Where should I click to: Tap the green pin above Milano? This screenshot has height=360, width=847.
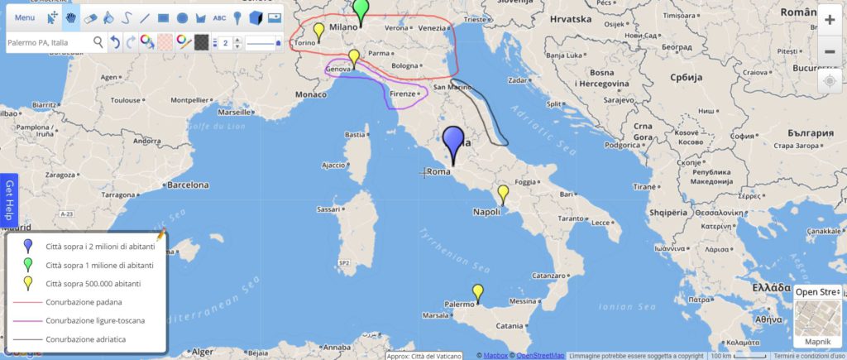point(360,10)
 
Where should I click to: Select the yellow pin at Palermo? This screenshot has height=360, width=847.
point(477,292)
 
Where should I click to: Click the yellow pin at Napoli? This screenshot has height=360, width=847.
point(502,194)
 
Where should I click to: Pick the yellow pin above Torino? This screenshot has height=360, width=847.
point(318,31)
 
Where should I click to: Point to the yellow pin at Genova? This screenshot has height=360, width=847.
point(354,57)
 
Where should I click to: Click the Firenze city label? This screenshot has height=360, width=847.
point(403,94)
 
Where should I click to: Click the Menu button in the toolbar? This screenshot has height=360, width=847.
point(25,17)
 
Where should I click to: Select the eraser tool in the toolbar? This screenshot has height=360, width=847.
point(91,17)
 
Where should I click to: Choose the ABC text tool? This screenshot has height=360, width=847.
point(219,17)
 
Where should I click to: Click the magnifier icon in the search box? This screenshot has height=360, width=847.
point(98,41)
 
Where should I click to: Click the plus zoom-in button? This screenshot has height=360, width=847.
point(830,19)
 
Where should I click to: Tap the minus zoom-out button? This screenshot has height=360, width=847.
point(830,51)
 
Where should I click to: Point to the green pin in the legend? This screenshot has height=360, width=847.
point(27,264)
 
